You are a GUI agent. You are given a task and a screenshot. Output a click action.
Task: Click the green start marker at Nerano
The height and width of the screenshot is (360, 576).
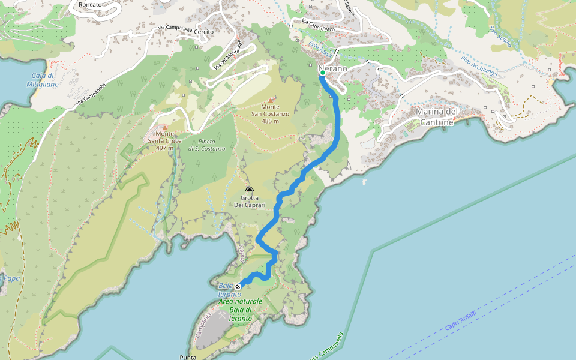pos(323,73)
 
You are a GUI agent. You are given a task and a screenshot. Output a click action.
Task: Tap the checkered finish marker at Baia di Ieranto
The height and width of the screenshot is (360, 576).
pos(238,286)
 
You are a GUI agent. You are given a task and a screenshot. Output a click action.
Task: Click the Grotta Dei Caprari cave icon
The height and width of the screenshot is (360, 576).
pos(250,190)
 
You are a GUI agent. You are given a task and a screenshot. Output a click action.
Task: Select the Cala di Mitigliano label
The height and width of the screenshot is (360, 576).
pos(43,80)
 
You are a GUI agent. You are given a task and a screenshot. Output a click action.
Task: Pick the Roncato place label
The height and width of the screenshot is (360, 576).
pos(85,4)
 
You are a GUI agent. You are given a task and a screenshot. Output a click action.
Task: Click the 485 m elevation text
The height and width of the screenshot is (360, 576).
pos(270,121)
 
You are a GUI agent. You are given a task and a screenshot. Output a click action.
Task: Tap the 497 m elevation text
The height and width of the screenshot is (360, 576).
pos(161,148)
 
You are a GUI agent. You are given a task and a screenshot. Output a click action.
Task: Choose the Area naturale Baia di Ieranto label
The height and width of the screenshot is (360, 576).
pos(241,310)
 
